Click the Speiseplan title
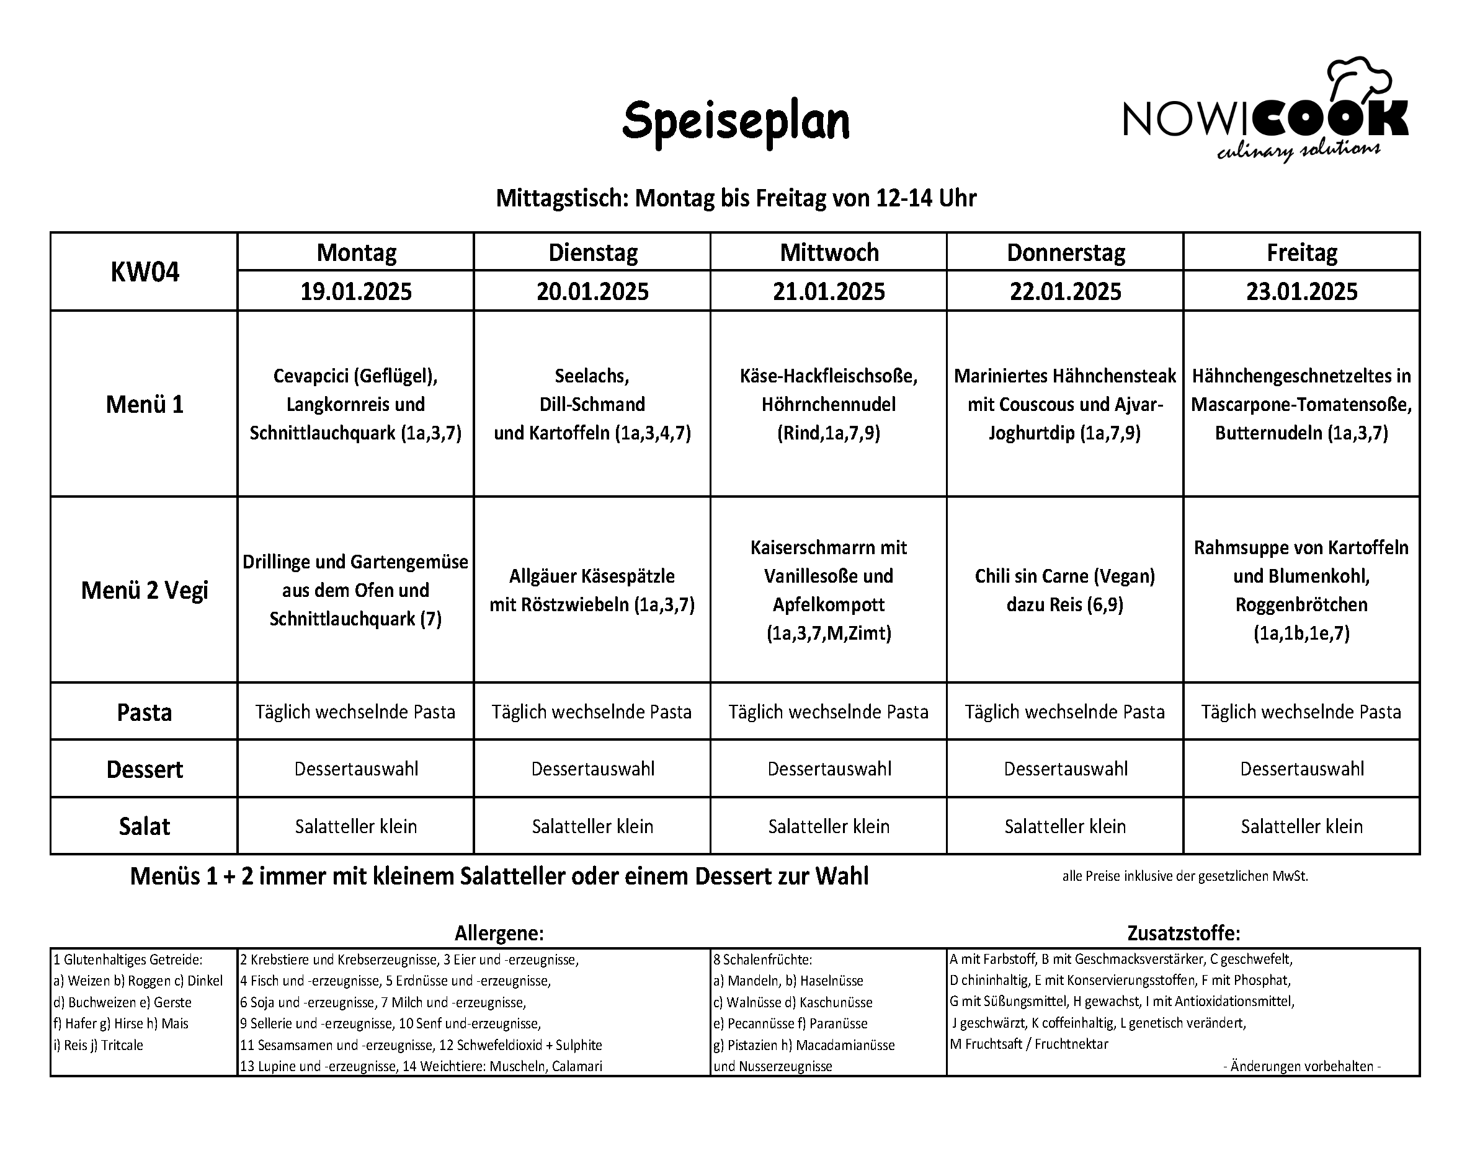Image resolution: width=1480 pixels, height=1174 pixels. pyautogui.click(x=735, y=121)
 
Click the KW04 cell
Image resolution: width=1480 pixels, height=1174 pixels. pyautogui.click(x=144, y=272)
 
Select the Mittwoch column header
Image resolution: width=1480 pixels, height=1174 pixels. pyautogui.click(x=829, y=252)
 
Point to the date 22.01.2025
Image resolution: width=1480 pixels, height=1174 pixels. pyautogui.click(x=1064, y=291)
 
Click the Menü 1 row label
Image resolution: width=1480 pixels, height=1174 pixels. pyautogui.click(x=144, y=404)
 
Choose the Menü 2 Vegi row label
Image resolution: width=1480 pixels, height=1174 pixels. pyautogui.click(x=144, y=590)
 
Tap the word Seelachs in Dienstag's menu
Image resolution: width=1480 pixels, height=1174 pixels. pyautogui.click(x=592, y=376)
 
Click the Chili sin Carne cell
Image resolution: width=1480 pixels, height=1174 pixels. pyautogui.click(x=1064, y=590)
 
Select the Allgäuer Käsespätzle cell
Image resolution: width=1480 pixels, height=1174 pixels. pyautogui.click(x=592, y=590)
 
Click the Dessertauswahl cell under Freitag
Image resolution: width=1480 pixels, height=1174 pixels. pyautogui.click(x=1301, y=769)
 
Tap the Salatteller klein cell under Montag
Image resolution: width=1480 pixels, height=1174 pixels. pyautogui.click(x=355, y=826)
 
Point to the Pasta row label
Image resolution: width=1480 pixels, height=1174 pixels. pyautogui.click(x=144, y=712)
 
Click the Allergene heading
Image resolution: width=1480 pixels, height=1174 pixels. pyautogui.click(x=499, y=933)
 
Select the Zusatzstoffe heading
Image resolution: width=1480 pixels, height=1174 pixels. pyautogui.click(x=1184, y=933)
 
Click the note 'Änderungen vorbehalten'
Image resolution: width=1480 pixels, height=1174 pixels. pyautogui.click(x=1301, y=1066)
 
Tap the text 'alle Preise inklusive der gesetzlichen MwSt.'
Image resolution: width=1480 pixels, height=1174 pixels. pyautogui.click(x=1185, y=876)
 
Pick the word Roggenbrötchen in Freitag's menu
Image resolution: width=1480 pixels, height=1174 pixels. pyautogui.click(x=1301, y=604)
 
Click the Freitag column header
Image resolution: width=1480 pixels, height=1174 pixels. pyautogui.click(x=1301, y=252)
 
